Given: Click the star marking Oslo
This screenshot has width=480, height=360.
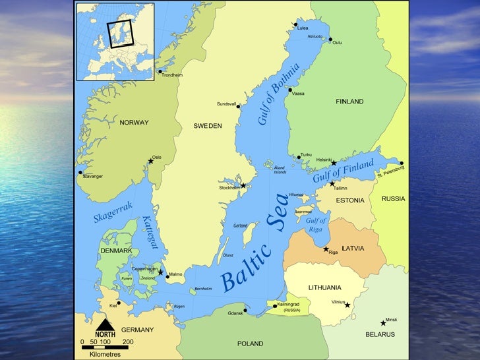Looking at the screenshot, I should pos(150,161).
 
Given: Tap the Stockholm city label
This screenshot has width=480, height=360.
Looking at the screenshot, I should pos(229,187).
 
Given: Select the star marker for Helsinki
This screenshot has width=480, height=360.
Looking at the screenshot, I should pos(334,162).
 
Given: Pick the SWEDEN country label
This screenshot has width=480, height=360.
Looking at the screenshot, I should pos(207,125).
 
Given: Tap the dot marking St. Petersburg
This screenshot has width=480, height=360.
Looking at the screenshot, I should pos(401,163).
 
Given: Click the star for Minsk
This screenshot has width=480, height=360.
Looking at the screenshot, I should pos(383,323).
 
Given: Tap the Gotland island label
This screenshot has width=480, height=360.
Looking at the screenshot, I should pos(240,225).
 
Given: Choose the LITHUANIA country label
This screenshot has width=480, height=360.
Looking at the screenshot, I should pos(324,287).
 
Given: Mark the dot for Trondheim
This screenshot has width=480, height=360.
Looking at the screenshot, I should pos(160,71).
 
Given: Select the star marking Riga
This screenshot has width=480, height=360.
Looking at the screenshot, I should pos(326,249).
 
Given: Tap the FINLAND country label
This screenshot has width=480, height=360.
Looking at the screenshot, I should pos(349,102).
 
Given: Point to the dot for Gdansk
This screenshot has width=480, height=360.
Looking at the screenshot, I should pos(245,311).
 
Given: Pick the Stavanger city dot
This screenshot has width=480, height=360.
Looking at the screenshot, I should pos(80,173).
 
